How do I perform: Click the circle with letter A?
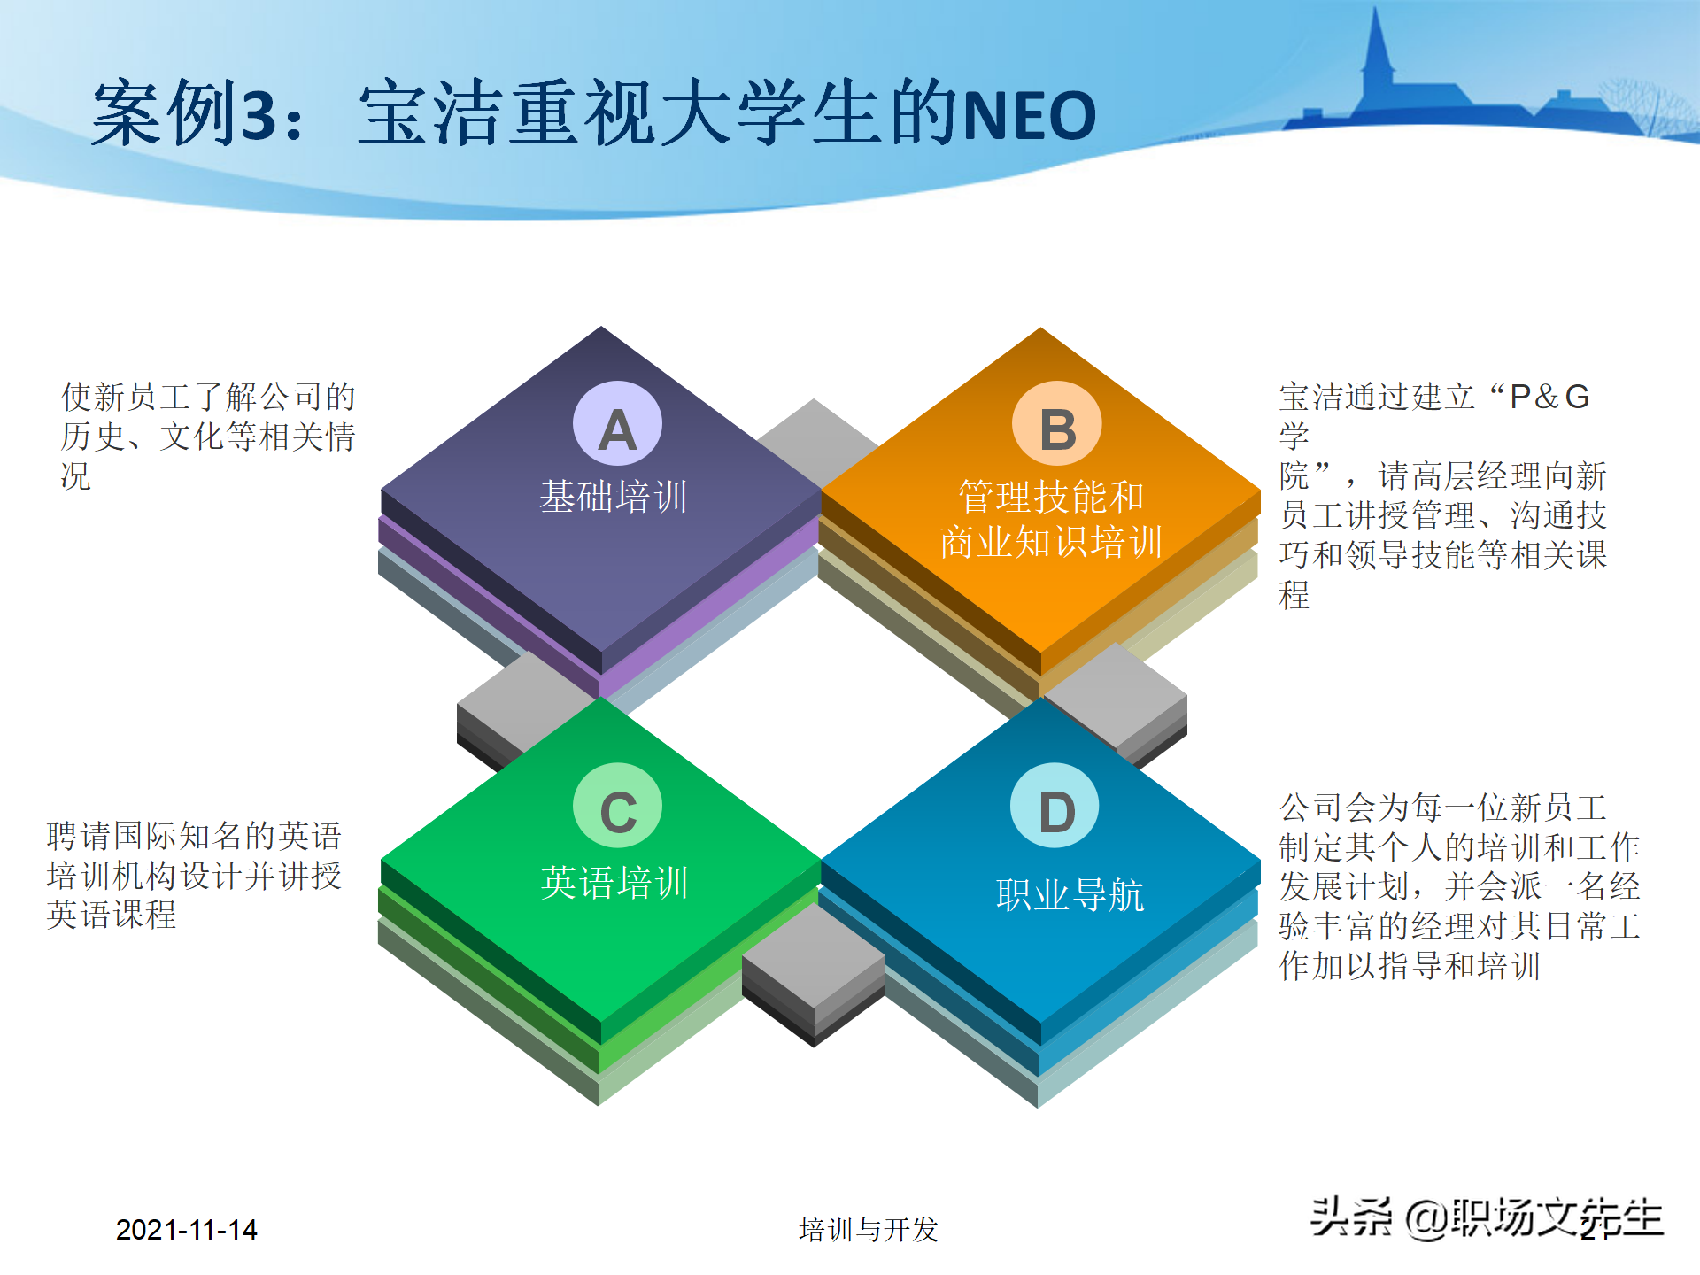(x=617, y=426)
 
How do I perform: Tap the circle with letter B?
(x=1057, y=426)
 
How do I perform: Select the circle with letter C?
(x=617, y=807)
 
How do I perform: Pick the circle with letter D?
(x=1055, y=807)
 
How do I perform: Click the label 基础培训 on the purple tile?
(x=614, y=497)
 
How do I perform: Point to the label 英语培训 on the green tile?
(x=614, y=883)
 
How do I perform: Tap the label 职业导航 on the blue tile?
(x=1070, y=895)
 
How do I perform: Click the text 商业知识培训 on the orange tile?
(x=1051, y=542)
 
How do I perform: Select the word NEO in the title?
(x=1029, y=116)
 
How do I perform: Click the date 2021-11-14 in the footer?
(x=186, y=1229)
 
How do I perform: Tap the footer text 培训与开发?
(x=868, y=1229)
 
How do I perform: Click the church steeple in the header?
(x=1376, y=53)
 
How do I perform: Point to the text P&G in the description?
(x=1549, y=397)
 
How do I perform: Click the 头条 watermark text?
(x=1351, y=1217)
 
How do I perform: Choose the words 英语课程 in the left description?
(x=112, y=915)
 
